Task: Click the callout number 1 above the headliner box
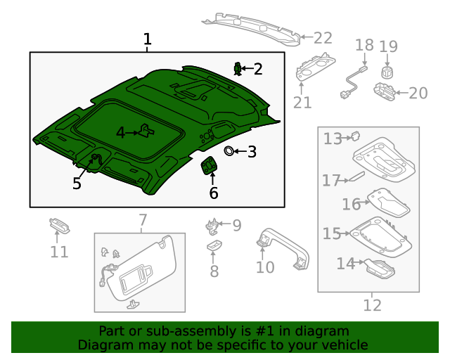pyautogui.click(x=147, y=39)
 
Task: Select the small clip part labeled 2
pyautogui.click(x=238, y=68)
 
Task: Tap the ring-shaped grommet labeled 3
pyautogui.click(x=229, y=150)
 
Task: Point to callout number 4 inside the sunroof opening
pyautogui.click(x=120, y=132)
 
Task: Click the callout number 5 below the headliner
pyautogui.click(x=77, y=184)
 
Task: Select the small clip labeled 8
pyautogui.click(x=214, y=245)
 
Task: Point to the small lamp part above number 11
pyautogui.click(x=58, y=226)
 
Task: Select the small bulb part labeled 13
pyautogui.click(x=355, y=136)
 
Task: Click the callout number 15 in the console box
pyautogui.click(x=331, y=233)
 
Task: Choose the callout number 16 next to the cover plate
pyautogui.click(x=351, y=204)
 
